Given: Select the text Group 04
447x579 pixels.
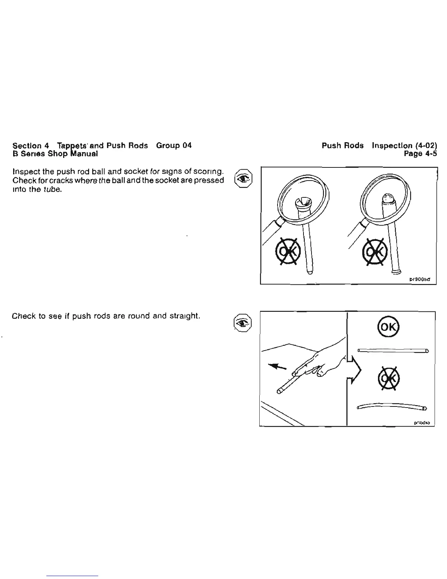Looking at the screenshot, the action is (x=173, y=145).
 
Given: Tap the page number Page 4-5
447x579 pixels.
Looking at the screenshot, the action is (x=420, y=154).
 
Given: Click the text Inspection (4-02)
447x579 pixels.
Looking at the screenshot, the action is (x=404, y=145).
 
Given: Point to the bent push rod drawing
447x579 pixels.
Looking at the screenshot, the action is (x=391, y=406).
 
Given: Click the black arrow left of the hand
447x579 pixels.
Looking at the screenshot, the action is (x=277, y=366).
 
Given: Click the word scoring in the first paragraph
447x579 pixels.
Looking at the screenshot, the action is (x=208, y=171).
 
